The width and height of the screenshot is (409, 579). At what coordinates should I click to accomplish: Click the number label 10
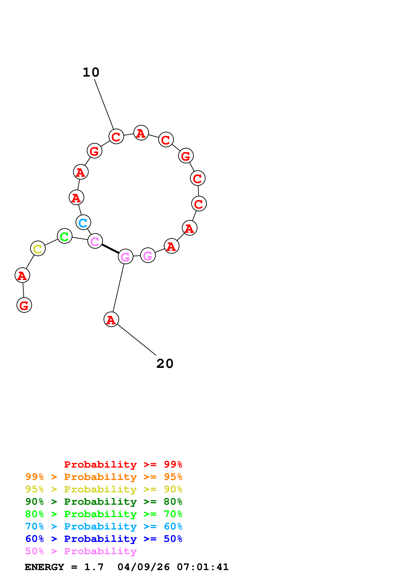[91, 73]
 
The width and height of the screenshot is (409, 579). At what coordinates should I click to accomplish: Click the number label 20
[165, 364]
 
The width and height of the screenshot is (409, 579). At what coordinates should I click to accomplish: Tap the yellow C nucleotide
[38, 248]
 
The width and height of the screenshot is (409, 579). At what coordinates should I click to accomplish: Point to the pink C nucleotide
[95, 241]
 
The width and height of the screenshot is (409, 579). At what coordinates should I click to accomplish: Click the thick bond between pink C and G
[110, 249]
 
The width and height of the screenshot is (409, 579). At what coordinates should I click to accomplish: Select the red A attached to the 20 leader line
[111, 320]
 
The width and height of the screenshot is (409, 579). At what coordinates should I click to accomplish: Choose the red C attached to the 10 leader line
[116, 136]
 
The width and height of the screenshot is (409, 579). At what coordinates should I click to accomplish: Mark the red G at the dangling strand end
[24, 305]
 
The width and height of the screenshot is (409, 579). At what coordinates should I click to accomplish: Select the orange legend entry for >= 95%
[104, 477]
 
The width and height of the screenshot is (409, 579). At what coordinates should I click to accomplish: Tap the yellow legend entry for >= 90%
[104, 489]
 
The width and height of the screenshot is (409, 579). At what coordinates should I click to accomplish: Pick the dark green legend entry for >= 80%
[104, 502]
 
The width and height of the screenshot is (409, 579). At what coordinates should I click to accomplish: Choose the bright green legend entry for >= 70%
[104, 514]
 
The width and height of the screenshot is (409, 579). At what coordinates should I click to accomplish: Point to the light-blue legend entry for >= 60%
[104, 526]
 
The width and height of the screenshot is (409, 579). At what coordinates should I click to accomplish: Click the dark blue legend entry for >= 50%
[104, 539]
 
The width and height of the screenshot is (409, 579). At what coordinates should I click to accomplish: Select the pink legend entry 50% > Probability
[81, 551]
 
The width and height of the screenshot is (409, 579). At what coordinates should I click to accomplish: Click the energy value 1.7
[94, 567]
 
